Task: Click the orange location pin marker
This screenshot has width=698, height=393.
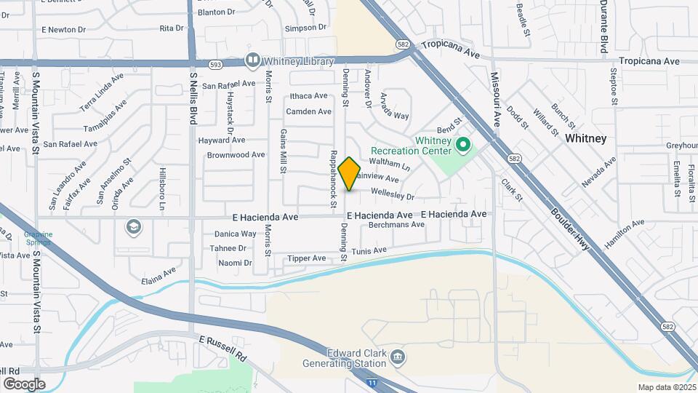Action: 350,173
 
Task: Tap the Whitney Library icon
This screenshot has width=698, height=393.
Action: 252,60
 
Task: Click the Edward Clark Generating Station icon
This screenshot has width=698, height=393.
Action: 398,356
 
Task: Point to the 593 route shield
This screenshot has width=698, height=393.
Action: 216,64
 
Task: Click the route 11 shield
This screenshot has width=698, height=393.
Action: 372,382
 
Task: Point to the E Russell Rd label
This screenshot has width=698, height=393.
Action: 223,348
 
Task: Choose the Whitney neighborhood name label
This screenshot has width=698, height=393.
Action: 585,138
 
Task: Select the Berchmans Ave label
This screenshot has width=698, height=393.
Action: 396,225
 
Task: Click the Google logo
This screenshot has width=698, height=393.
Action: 24,384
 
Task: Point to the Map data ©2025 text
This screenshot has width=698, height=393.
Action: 666,387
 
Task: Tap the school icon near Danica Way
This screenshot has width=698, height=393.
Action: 133,228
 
